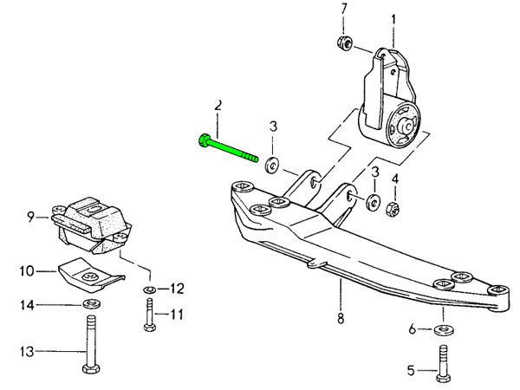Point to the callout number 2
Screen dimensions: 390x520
coord(218,105)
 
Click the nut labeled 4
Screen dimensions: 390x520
coord(391,208)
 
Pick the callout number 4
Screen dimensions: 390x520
coord(394,180)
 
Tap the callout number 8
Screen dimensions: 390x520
coord(341,317)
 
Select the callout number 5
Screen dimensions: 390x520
coord(411,371)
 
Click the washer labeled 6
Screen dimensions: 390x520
coord(444,330)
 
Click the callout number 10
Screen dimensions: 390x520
coord(25,270)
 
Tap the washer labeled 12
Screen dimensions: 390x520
coord(150,288)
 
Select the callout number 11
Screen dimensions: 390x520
coord(177,314)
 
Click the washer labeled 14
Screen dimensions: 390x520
coord(89,305)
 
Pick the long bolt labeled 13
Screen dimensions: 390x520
coord(89,347)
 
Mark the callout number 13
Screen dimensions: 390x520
coord(25,352)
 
